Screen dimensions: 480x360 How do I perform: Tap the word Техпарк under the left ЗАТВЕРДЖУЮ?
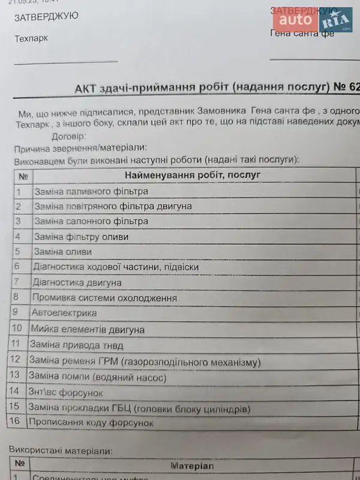point(31,39)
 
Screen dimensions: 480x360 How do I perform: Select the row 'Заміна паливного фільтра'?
point(91,192)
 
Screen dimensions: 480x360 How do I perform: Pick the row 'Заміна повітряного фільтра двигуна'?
point(113,206)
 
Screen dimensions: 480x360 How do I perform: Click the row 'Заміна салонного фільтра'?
point(91,221)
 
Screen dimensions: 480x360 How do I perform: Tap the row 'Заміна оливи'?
point(63,252)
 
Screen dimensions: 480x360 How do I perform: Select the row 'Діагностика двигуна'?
point(77,283)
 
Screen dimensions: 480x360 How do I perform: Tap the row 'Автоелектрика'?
point(65,313)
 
